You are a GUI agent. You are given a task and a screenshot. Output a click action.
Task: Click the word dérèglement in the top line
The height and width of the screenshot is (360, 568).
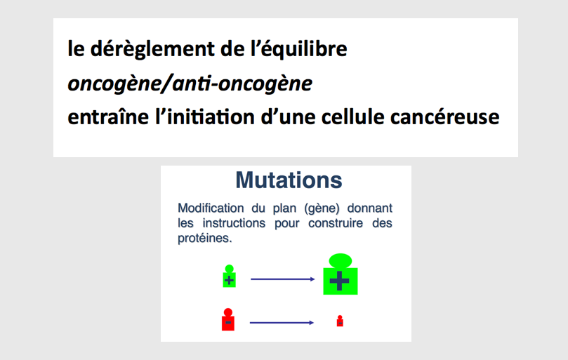point(152,49)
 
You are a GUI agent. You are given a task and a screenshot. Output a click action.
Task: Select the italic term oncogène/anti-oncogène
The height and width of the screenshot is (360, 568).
point(190,84)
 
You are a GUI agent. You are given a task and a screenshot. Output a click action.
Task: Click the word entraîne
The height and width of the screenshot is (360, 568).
point(108,116)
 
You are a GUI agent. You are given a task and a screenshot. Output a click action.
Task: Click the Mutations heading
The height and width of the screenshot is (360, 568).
point(289,180)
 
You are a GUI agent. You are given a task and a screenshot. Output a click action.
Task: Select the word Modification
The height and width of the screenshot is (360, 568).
point(211,208)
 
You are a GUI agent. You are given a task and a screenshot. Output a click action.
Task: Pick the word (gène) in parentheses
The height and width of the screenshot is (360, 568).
point(322,208)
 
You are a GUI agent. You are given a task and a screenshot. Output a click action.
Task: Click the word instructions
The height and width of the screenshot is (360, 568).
point(234,223)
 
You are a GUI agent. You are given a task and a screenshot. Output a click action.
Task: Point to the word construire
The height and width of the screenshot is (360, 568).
point(336,223)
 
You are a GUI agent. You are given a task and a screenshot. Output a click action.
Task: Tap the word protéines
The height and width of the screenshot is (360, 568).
point(205,239)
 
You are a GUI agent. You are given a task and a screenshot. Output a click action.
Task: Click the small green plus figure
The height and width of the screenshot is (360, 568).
point(229,276)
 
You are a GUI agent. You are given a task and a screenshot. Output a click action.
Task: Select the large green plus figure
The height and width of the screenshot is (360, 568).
point(340,274)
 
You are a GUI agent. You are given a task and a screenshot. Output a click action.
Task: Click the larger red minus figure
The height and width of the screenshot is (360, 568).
point(228,319)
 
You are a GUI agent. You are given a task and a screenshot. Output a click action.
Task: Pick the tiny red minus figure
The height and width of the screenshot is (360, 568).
point(340,321)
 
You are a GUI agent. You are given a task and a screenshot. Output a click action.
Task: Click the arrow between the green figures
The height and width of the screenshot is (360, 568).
point(282,279)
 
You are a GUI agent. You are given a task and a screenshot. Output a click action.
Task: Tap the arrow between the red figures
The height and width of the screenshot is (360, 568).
point(282,323)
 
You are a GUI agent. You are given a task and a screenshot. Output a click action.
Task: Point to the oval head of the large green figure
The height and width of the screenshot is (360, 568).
point(340,261)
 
